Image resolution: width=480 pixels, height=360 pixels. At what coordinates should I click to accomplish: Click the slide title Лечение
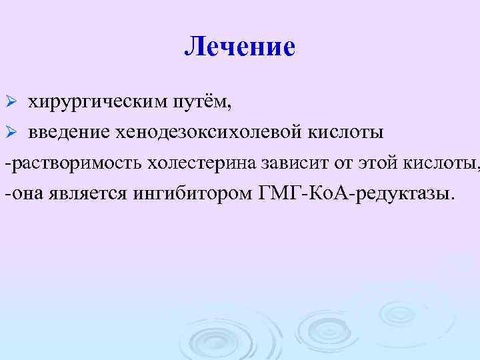239,47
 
